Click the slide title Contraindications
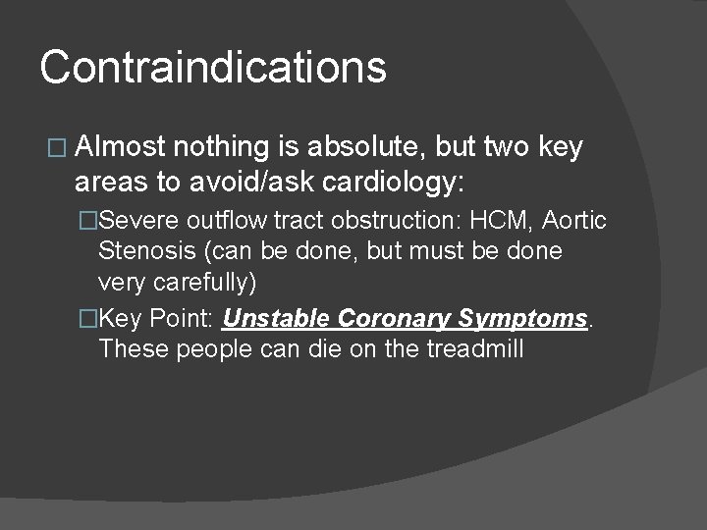(213, 68)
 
